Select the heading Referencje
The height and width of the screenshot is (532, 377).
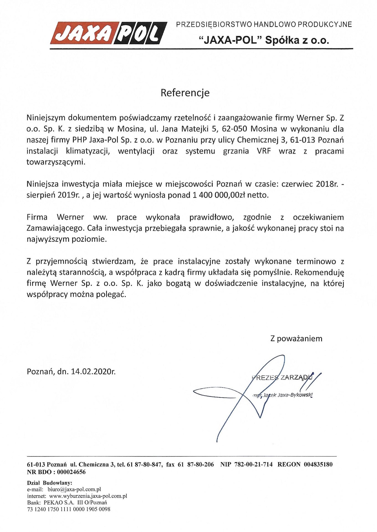point(185,93)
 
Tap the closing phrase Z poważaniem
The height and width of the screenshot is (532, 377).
point(296,339)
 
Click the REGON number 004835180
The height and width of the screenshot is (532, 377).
point(318,464)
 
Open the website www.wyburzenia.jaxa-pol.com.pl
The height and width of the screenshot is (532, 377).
point(88,496)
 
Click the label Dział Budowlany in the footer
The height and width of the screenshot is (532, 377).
point(50,483)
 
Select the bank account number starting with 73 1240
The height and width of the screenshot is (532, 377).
point(69,509)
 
